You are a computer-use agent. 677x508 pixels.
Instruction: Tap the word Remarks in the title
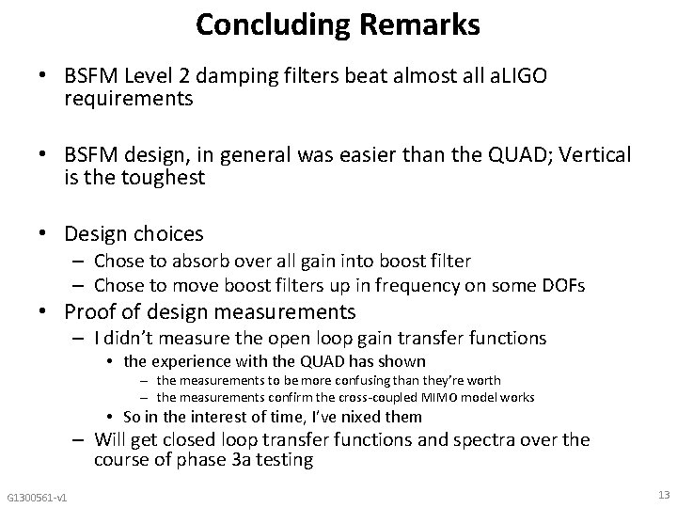pos(418,24)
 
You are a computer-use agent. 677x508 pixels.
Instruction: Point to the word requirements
pos(129,99)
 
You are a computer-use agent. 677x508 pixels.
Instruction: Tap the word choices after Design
pos(170,232)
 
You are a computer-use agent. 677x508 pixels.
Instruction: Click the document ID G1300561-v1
pos(42,497)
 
